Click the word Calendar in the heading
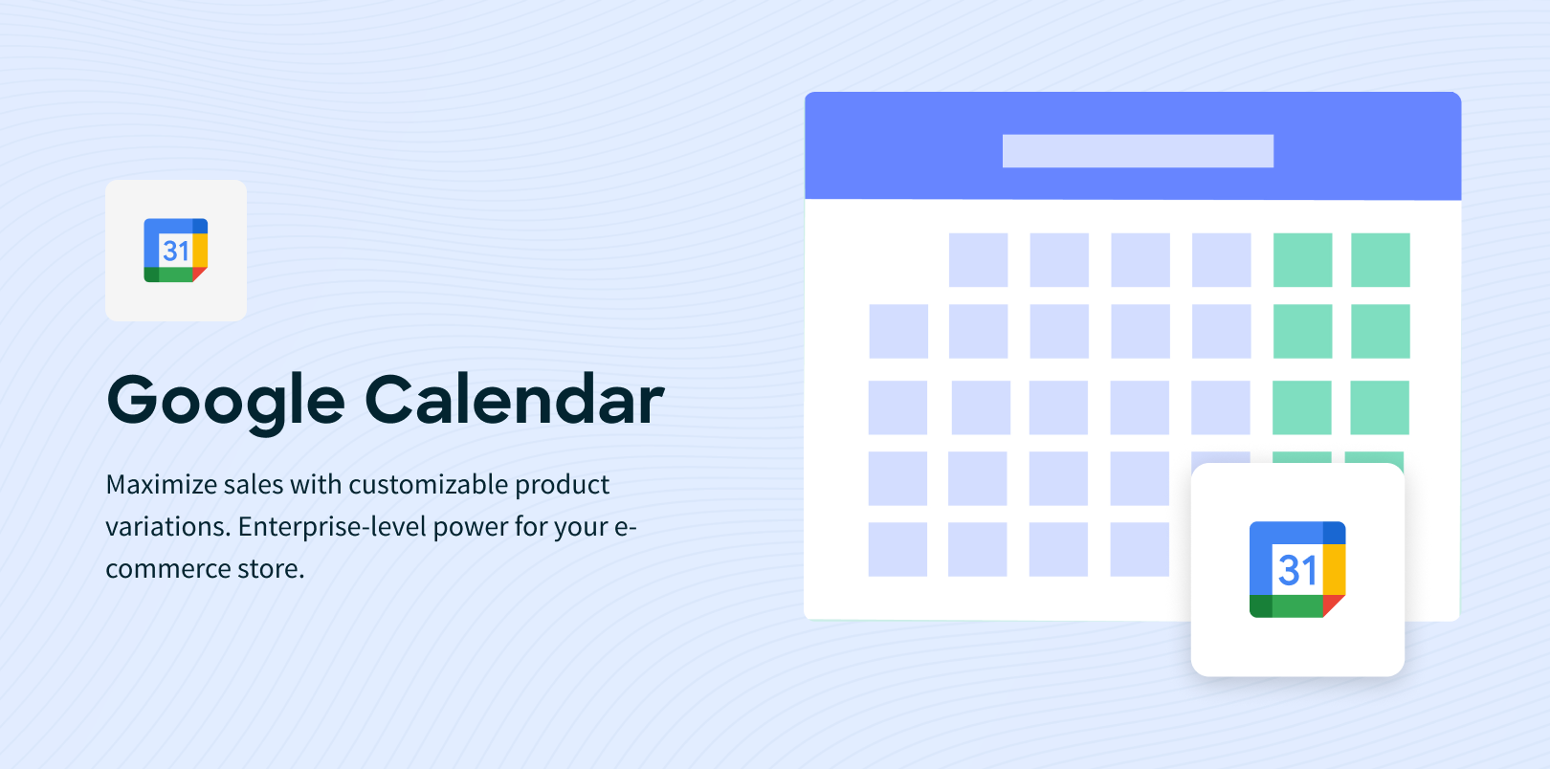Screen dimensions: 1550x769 click(514, 399)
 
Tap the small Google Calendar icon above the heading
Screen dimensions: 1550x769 click(176, 251)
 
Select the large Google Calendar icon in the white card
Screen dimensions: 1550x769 click(1297, 569)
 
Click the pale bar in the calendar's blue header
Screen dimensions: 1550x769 click(1138, 151)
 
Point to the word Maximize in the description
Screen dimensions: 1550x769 click(162, 485)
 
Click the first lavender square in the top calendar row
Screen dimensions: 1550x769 click(978, 260)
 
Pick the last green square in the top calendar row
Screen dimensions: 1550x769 click(1380, 260)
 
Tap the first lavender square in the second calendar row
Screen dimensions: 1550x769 click(898, 331)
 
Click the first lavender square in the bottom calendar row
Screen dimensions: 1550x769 click(897, 549)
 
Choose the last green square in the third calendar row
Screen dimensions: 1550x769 click(1379, 407)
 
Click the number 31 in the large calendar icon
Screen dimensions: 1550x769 click(1297, 570)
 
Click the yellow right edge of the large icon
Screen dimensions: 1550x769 click(1334, 569)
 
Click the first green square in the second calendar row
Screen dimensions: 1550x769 click(1302, 331)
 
